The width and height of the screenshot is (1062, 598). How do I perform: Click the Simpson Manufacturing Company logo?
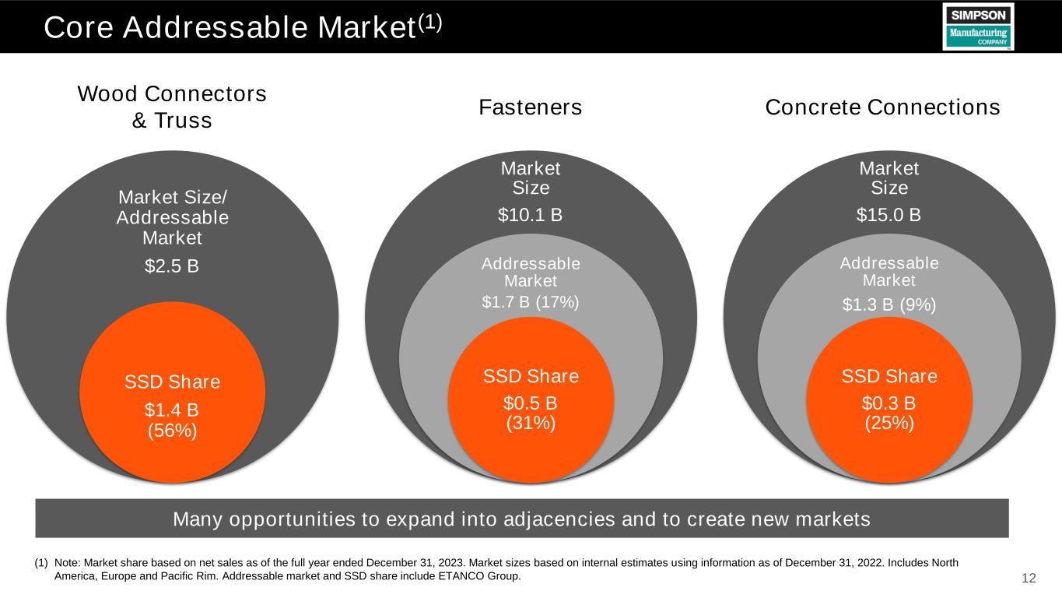tap(978, 26)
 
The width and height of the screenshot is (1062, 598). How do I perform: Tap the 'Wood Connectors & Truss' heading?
tap(172, 107)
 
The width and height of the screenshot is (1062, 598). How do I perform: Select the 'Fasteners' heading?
tap(531, 107)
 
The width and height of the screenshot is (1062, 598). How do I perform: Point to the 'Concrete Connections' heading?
tap(882, 107)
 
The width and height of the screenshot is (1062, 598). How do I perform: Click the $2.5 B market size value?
tap(172, 266)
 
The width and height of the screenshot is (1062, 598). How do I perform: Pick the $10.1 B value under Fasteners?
tap(531, 214)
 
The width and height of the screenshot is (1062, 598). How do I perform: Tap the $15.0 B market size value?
tap(889, 214)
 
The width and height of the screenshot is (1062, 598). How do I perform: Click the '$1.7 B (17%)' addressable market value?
tap(531, 301)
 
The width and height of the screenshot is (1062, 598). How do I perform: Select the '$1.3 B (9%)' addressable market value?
tap(889, 305)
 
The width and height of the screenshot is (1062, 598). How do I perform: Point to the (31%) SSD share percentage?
tap(531, 423)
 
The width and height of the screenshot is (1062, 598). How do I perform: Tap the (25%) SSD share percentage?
tap(889, 423)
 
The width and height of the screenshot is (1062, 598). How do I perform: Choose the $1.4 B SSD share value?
tap(172, 409)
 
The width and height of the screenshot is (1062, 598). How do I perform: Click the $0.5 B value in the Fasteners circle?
tap(531, 403)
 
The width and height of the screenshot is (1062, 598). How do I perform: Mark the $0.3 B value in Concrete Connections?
tap(889, 403)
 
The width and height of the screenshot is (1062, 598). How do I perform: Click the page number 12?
tap(1029, 578)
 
